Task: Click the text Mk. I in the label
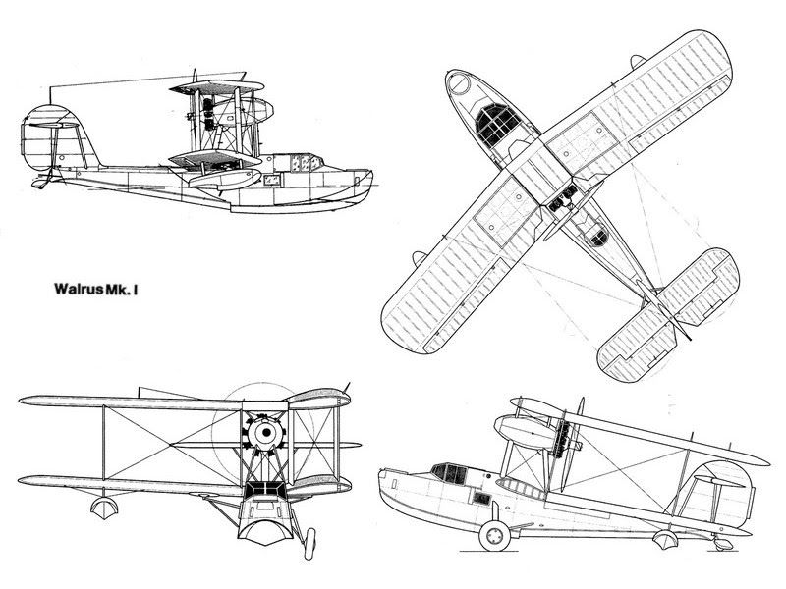122,290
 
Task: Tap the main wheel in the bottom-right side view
494,535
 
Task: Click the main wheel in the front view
309,544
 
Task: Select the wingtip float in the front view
104,507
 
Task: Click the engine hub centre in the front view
266,432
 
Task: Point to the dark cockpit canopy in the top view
496,125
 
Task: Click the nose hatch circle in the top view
459,82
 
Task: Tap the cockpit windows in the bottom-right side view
449,472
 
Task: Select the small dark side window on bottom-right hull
481,498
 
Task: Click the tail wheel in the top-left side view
38,185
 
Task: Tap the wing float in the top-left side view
224,179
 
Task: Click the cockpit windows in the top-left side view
304,163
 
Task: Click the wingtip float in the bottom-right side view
666,539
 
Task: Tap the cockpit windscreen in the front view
265,489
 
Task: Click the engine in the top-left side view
208,115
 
